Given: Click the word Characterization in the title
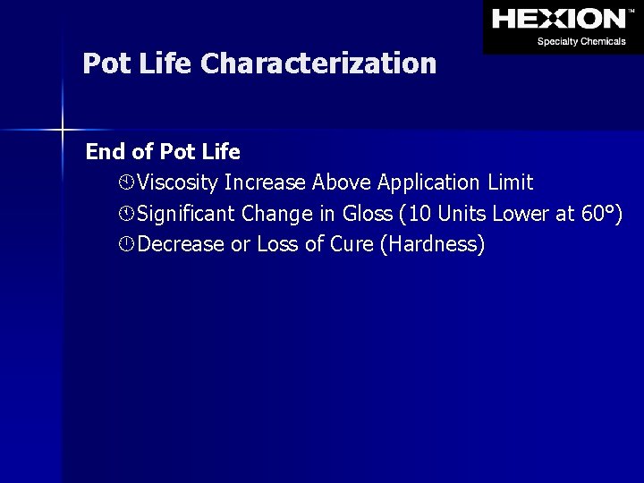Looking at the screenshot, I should coord(318,64).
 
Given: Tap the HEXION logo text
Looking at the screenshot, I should coord(558,19).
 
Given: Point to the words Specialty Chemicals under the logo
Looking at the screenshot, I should coord(581,41).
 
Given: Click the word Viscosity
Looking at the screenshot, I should coord(178,183).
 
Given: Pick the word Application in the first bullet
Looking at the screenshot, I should coord(429,183).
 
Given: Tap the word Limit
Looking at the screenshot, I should coord(511,183).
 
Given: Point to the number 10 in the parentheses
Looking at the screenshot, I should coord(420,214).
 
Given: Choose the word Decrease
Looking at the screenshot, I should coord(182,244).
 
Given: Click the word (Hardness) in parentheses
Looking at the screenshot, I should coord(432,244).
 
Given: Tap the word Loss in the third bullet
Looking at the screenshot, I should coord(277,244).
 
